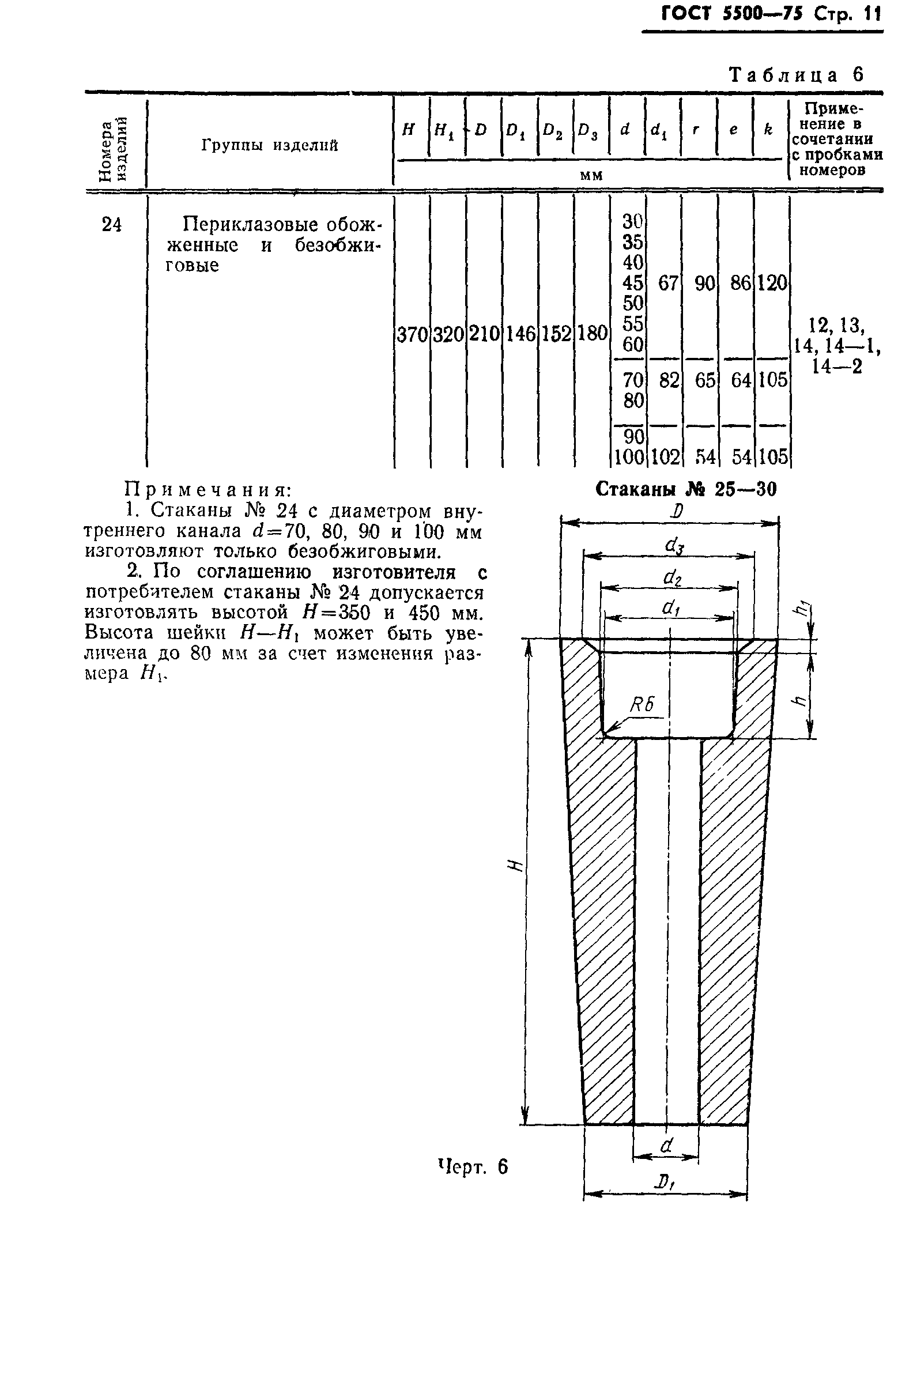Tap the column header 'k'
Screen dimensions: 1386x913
coord(768,130)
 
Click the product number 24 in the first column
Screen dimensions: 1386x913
coord(112,225)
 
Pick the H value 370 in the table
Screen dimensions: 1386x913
coord(412,334)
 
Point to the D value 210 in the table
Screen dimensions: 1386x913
coord(484,334)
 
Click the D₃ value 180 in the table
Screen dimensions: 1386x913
coord(592,334)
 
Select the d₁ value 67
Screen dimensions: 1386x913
coord(668,284)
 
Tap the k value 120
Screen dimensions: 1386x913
coord(772,284)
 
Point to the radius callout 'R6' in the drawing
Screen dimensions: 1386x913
coord(642,705)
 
